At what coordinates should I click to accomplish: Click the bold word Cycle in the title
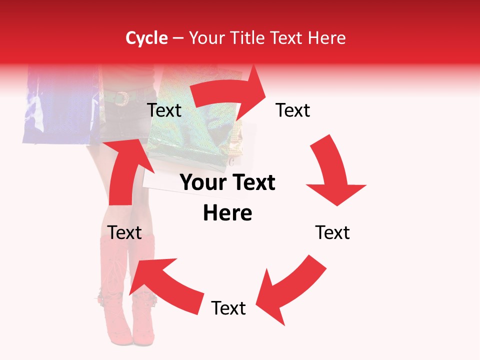click(146, 38)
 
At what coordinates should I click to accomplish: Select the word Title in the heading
click(248, 38)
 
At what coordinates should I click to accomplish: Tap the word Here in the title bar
click(327, 38)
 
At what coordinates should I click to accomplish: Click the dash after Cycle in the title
click(178, 38)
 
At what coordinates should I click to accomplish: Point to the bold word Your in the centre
click(203, 183)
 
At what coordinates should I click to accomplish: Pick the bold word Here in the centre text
click(227, 213)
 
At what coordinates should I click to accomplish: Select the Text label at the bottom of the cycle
click(228, 308)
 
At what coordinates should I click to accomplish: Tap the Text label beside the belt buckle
click(164, 110)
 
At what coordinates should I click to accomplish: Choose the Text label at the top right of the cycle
click(293, 110)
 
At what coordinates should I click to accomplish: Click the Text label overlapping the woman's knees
click(124, 232)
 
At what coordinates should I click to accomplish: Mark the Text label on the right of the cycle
click(332, 232)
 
